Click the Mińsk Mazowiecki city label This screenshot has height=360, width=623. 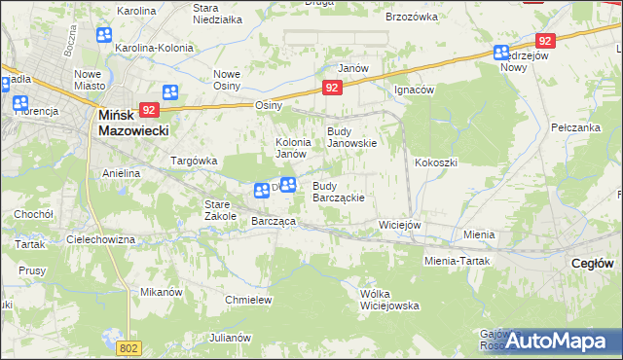[134, 122]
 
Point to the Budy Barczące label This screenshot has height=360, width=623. [338, 192]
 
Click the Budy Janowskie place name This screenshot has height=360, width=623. [351, 137]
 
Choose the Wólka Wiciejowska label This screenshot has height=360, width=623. [388, 299]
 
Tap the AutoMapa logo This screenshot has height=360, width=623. [550, 341]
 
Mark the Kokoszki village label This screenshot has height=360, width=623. [435, 162]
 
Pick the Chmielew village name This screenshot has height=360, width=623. [247, 300]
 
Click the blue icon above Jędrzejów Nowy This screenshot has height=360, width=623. [501, 54]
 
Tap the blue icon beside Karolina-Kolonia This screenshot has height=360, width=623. [104, 35]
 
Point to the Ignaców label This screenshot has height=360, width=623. [414, 89]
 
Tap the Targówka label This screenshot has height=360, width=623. [194, 161]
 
